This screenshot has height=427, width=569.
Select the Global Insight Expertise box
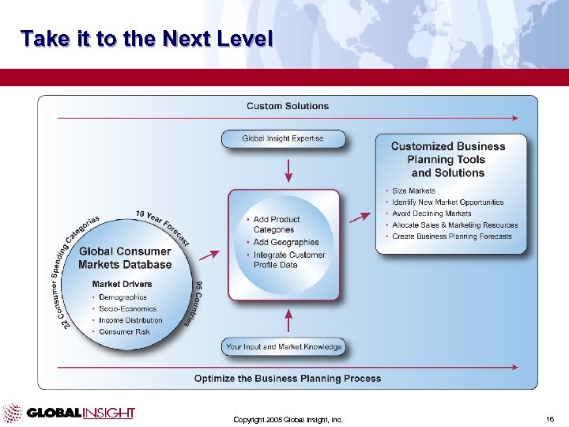coord(283,138)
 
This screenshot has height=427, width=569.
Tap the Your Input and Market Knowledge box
coord(284,347)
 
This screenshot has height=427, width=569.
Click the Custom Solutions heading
coord(288,106)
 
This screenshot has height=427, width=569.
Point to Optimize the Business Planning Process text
coord(288,379)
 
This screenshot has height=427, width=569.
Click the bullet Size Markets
coord(413,191)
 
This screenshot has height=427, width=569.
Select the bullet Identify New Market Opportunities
coord(447,202)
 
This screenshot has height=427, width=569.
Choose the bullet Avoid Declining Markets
coord(431,213)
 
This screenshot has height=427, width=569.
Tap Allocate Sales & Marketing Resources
coord(454,225)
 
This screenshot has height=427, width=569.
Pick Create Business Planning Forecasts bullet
coord(451,236)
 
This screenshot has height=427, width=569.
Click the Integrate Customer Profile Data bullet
coord(288,260)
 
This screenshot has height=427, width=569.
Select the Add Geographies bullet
coord(285,243)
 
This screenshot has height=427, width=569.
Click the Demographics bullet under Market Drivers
coord(122,297)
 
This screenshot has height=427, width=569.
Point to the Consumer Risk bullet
coord(123,332)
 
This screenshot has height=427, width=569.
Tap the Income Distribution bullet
coord(130,320)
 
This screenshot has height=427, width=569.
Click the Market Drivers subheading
coord(122,284)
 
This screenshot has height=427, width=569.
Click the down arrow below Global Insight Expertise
coord(288,169)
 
